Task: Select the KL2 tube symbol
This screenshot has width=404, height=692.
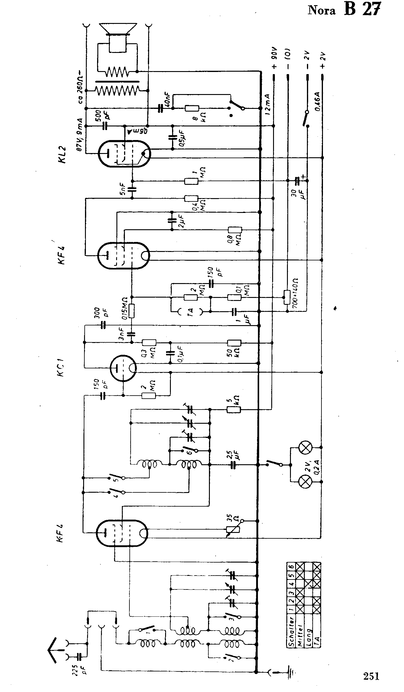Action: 124,154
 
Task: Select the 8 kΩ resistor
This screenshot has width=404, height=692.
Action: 192,108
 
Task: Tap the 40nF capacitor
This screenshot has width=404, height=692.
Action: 160,108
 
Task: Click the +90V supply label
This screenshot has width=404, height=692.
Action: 274,62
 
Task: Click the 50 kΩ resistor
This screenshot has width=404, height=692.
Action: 234,343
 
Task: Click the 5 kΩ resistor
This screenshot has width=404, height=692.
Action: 233,410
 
